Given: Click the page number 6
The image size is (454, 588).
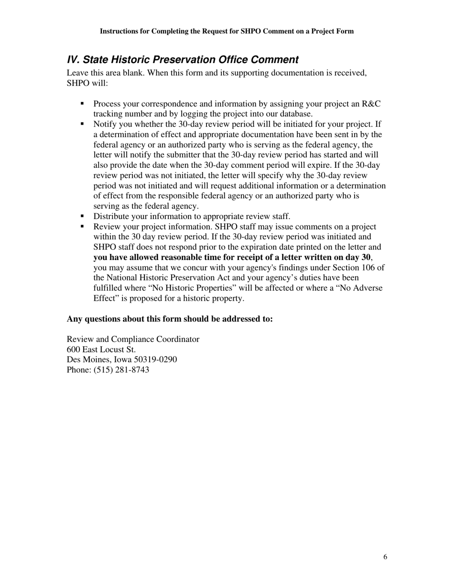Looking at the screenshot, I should pyautogui.click(x=385, y=557).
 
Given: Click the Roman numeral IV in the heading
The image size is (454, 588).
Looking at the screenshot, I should pyautogui.click(x=73, y=60).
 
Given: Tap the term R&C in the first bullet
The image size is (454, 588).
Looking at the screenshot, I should pyautogui.click(x=371, y=104).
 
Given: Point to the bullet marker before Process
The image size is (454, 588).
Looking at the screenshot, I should pyautogui.click(x=82, y=103).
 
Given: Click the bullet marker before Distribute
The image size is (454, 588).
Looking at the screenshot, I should pyautogui.click(x=82, y=216).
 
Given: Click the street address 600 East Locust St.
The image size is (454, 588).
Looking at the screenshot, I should pyautogui.click(x=101, y=349).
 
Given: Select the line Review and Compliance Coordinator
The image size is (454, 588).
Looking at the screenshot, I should pyautogui.click(x=133, y=339).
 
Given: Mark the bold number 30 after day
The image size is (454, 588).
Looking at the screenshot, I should pyautogui.click(x=366, y=257).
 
